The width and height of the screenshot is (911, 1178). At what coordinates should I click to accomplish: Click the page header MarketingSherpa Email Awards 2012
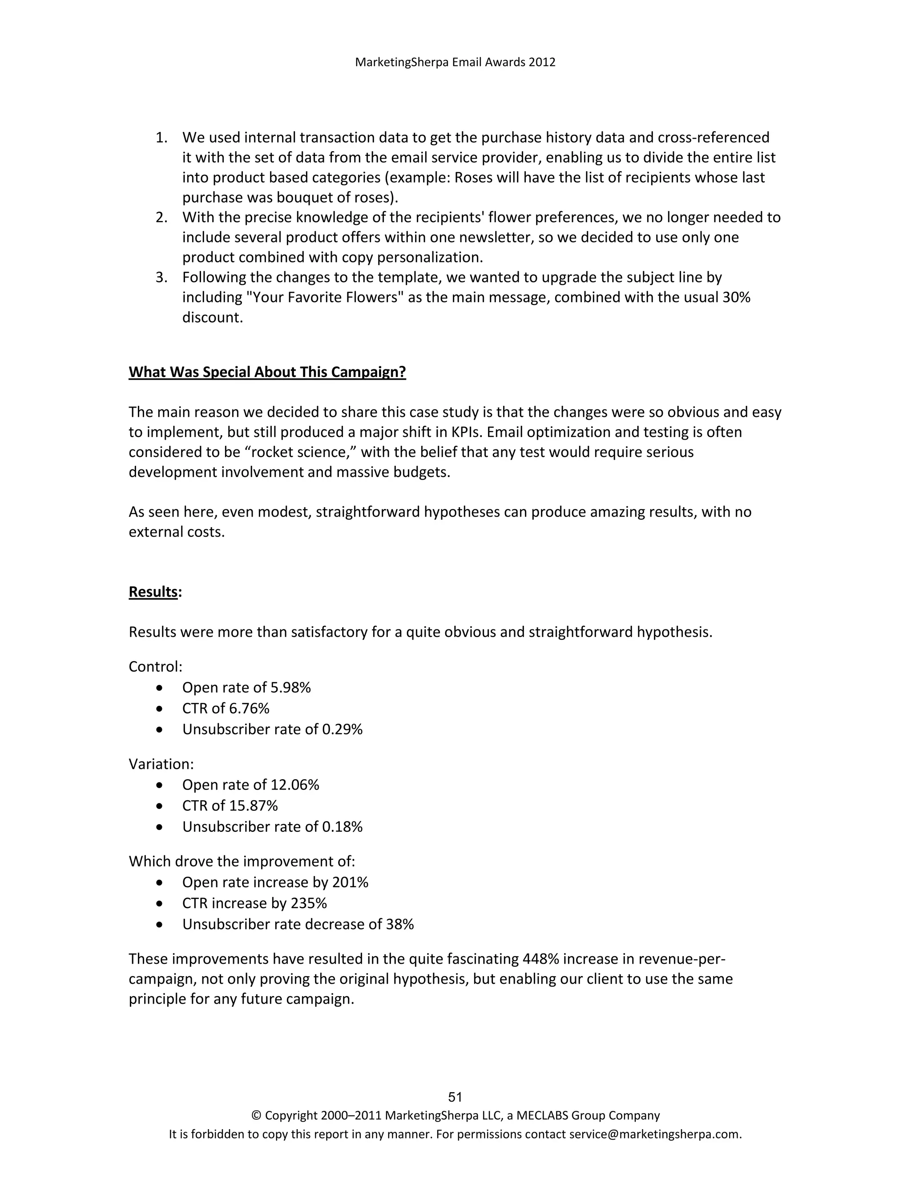455,62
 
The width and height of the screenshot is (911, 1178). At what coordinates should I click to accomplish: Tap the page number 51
455,1097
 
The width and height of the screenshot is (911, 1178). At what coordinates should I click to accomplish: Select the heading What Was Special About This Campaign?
267,372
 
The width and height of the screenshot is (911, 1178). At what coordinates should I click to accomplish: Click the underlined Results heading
153,592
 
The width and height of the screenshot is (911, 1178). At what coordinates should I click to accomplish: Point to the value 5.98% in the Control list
290,688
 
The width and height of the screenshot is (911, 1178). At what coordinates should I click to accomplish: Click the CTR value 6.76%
249,708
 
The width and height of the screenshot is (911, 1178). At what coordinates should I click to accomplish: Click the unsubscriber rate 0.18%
342,827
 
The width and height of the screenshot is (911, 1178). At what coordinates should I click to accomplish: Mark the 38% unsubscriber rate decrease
399,925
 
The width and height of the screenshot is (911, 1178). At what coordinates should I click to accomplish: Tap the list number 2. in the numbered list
161,217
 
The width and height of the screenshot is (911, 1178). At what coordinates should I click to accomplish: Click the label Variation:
161,764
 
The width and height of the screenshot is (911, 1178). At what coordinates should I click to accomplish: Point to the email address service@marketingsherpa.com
655,1134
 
